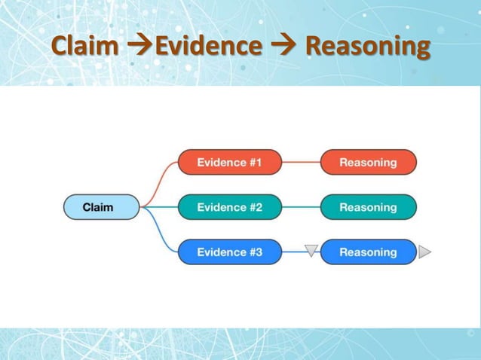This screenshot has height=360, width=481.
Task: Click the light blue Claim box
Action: (x=101, y=207)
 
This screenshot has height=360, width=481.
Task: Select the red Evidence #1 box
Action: (x=229, y=162)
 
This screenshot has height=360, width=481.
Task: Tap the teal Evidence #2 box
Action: (x=229, y=207)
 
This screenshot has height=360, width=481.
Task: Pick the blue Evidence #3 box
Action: (x=229, y=252)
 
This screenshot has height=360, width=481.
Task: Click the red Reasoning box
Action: (x=368, y=162)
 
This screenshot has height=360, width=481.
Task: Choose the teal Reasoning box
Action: (x=368, y=207)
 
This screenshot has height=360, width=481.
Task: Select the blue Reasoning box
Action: (x=368, y=252)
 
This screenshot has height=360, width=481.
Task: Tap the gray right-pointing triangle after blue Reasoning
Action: (x=424, y=252)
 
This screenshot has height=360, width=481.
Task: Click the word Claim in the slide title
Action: (x=84, y=47)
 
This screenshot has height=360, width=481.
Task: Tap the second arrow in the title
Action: (x=283, y=47)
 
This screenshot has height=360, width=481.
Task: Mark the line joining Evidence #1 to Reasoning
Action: (x=301, y=162)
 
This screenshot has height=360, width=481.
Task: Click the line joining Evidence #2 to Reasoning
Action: (x=301, y=207)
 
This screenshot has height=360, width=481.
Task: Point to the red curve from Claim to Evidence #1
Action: (x=160, y=181)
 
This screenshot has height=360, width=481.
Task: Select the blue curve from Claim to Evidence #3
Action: (x=160, y=234)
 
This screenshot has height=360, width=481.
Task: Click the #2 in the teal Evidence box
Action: (x=253, y=207)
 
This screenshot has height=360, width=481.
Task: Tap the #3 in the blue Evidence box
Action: (x=253, y=252)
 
